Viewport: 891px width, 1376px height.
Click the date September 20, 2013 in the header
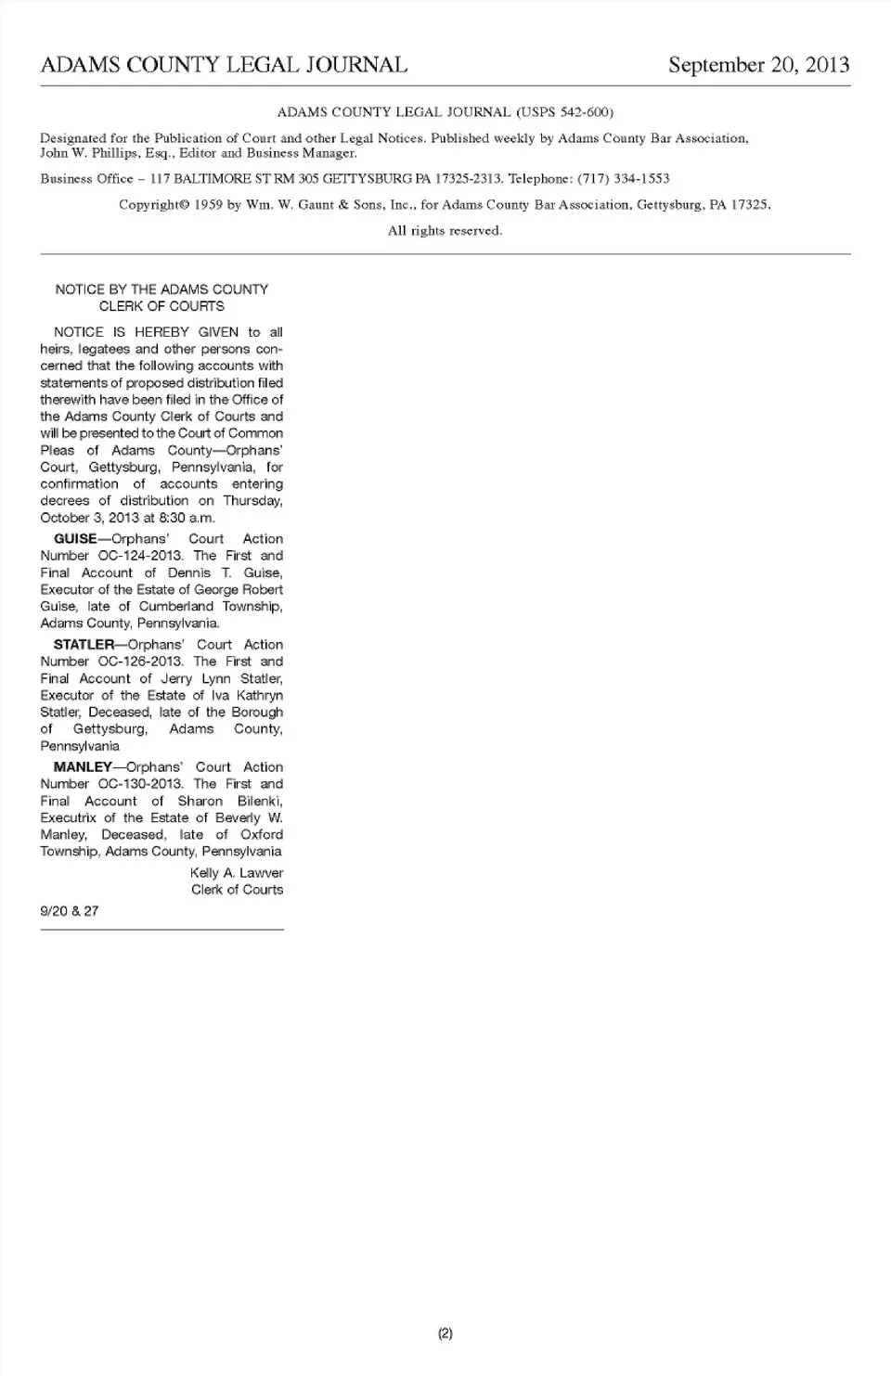pyautogui.click(x=758, y=65)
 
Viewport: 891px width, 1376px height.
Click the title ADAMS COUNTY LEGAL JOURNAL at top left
pyautogui.click(x=224, y=65)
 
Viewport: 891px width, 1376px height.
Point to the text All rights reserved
pyautogui.click(x=445, y=230)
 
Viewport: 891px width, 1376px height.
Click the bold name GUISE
pyautogui.click(x=75, y=539)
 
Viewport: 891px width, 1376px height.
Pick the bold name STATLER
pyautogui.click(x=84, y=645)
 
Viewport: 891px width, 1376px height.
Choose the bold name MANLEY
pyautogui.click(x=83, y=767)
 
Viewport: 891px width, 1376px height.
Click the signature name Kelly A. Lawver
pyautogui.click(x=237, y=873)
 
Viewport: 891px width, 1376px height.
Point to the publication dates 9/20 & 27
pyautogui.click(x=70, y=911)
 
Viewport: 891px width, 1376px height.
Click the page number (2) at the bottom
pyautogui.click(x=445, y=1333)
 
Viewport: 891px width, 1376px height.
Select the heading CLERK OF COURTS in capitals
pyautogui.click(x=161, y=306)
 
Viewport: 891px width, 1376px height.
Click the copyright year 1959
pyautogui.click(x=209, y=204)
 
